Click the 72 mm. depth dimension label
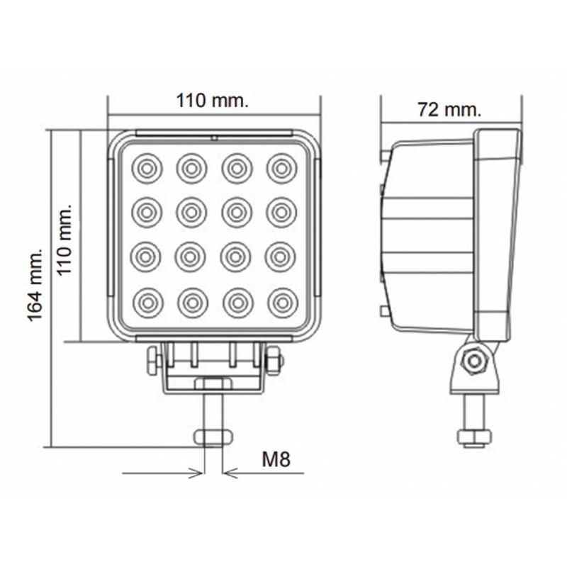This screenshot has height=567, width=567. pos(449,110)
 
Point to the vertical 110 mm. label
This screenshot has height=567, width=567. pos(64,241)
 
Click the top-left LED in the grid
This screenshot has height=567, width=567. pos(146,168)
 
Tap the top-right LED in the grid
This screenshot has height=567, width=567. pos(281,168)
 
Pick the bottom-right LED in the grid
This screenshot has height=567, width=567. pos(281,301)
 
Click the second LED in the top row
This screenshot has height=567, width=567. pos(191,168)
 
